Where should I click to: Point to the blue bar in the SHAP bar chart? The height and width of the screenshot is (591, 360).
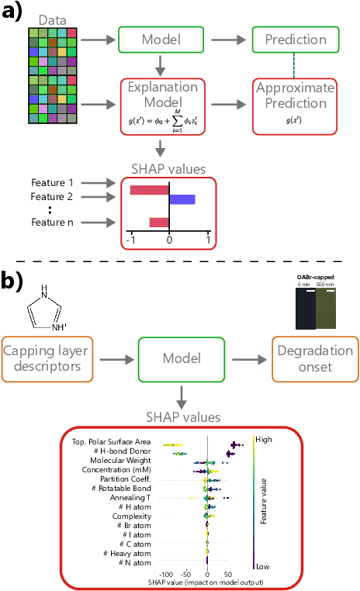tap(182, 199)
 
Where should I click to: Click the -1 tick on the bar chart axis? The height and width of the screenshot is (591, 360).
tap(130, 240)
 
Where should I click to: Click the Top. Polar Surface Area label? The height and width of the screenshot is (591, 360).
tap(112, 441)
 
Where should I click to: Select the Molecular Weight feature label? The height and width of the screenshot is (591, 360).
tap(116, 460)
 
